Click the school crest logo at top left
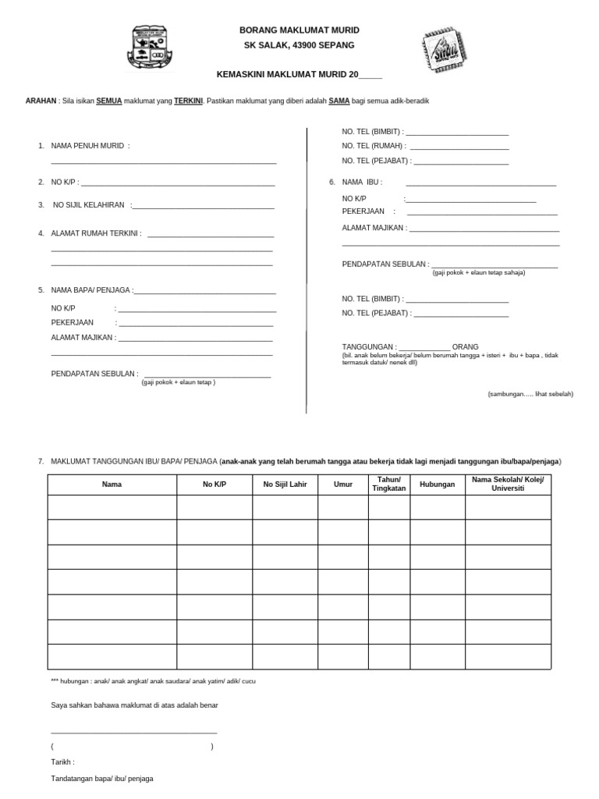pos(150,51)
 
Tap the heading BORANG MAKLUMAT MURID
pos(299,30)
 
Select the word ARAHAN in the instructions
pos(41,101)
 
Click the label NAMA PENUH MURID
pos(87,146)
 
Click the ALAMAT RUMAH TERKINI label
pos(96,233)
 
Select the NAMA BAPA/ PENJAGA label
pos(91,290)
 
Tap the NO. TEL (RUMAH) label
pos(374,146)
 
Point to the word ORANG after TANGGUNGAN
pos(466,346)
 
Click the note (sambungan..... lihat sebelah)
pos(530,394)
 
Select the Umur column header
pos(343,485)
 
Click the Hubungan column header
pos(438,485)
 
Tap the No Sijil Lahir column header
pos(285,485)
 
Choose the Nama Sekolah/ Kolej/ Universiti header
pos(508,484)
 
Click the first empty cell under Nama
pos(112,507)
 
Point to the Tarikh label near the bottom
pos(62,762)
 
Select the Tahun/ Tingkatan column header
pos(388,484)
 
